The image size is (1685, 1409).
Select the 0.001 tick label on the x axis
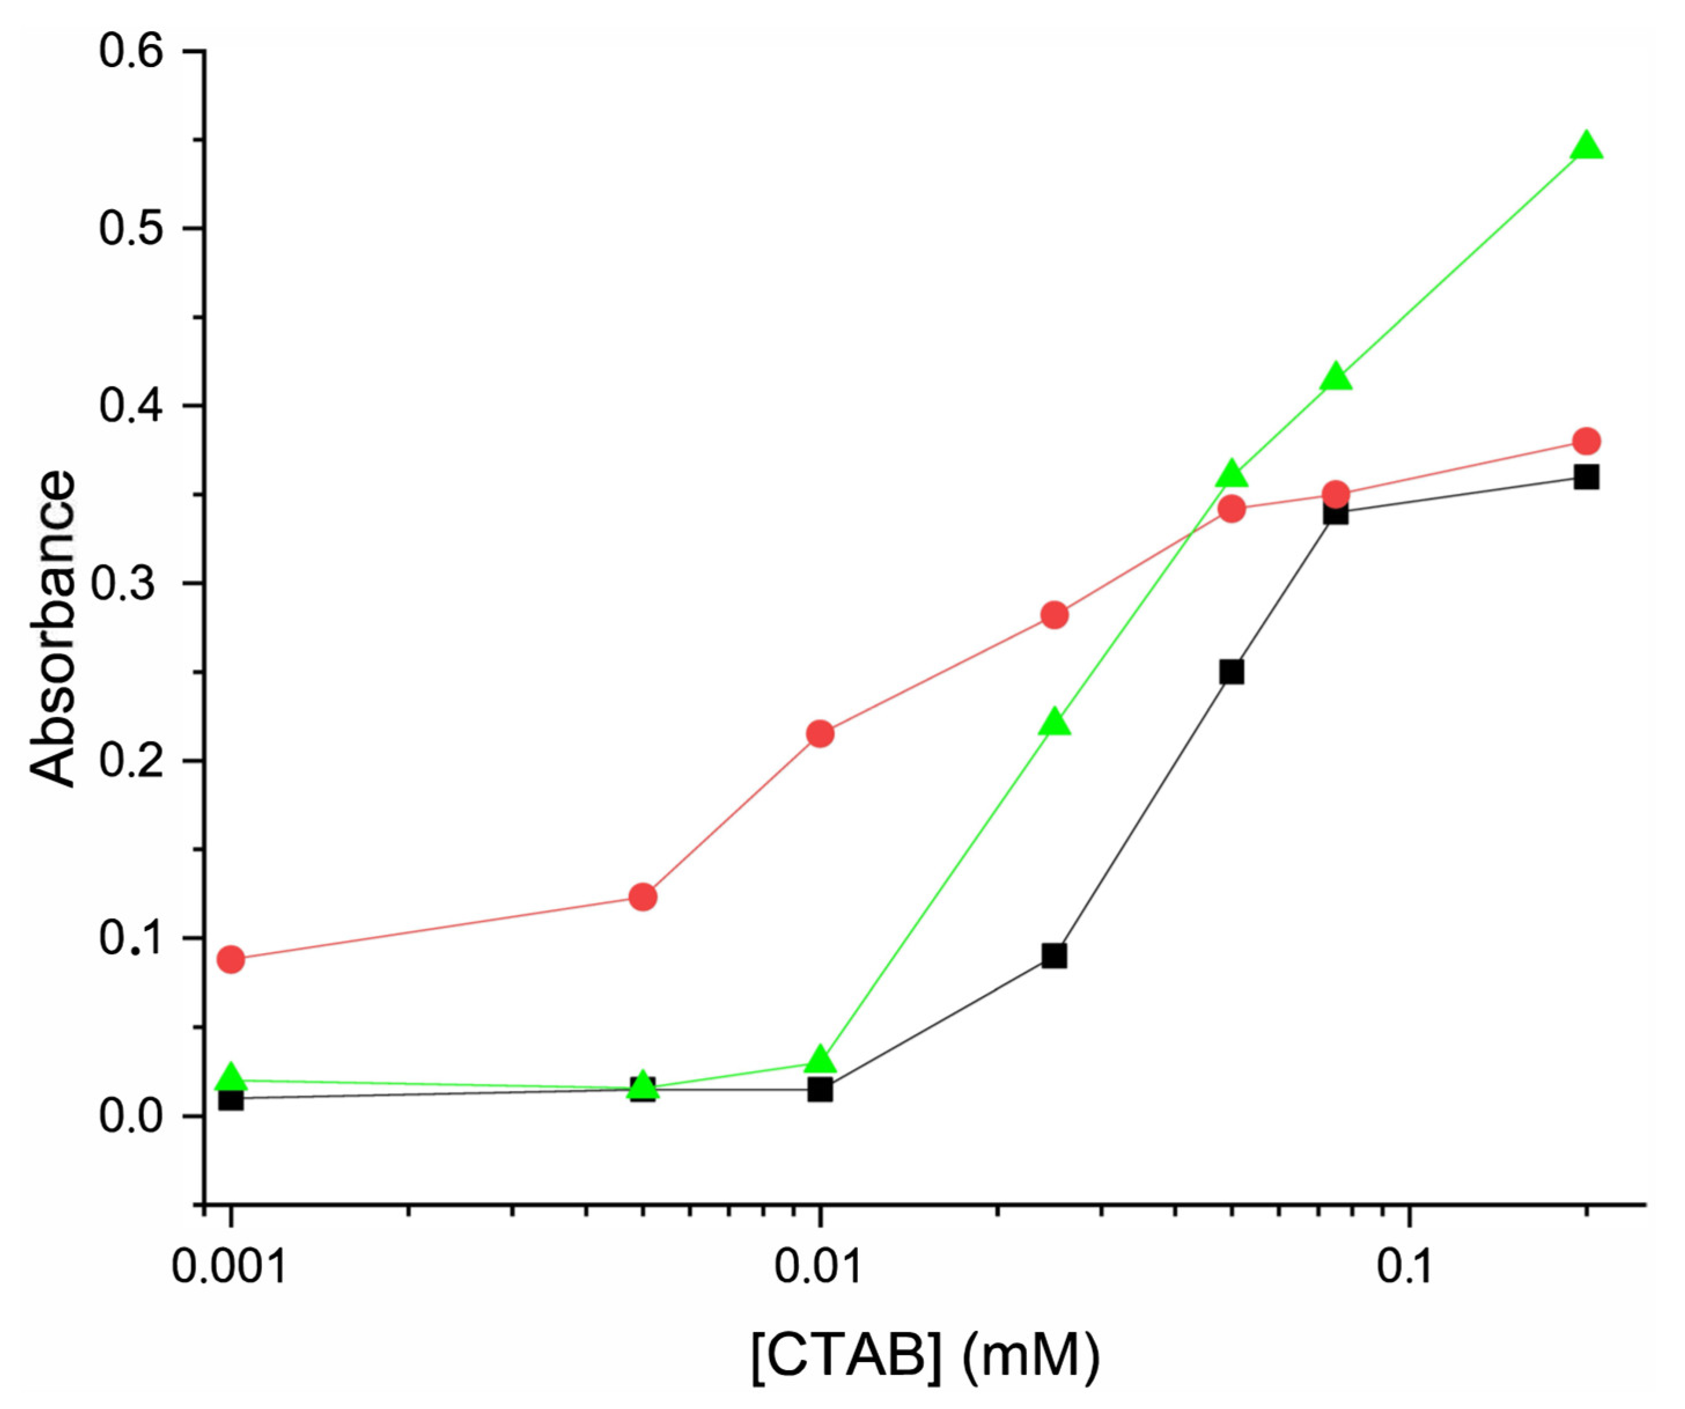coord(230,1267)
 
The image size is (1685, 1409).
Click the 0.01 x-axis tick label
coord(819,1267)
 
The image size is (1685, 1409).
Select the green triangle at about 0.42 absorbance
coord(1335,377)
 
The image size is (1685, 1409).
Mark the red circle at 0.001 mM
coord(231,959)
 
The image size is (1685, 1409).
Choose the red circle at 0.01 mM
coord(819,733)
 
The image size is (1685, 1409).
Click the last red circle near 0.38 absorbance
coord(1586,441)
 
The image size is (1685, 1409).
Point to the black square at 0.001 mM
coord(231,1098)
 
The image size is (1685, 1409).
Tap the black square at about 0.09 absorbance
coord(1053,956)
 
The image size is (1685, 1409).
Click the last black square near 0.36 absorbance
coord(1586,477)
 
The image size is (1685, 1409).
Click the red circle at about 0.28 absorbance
coord(1053,615)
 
